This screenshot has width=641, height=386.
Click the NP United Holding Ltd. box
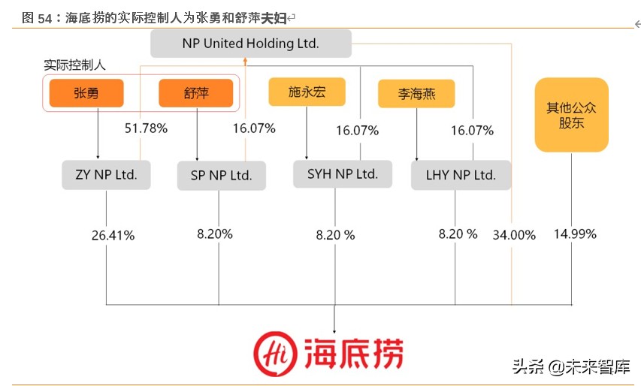click(x=250, y=44)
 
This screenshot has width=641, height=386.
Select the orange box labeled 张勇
click(x=86, y=94)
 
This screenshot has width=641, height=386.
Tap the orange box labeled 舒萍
click(x=195, y=94)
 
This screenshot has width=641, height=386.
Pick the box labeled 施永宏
click(x=307, y=92)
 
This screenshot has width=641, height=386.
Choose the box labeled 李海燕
click(x=416, y=94)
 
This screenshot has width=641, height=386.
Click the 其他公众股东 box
click(x=571, y=115)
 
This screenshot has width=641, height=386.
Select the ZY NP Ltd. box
click(x=105, y=175)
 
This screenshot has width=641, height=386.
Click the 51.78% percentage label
click(x=146, y=128)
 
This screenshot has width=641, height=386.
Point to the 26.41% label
click(x=113, y=236)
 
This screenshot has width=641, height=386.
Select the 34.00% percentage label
click(x=514, y=235)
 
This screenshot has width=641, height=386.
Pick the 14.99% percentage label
click(x=575, y=234)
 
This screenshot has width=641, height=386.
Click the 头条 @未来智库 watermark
click(x=571, y=367)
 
